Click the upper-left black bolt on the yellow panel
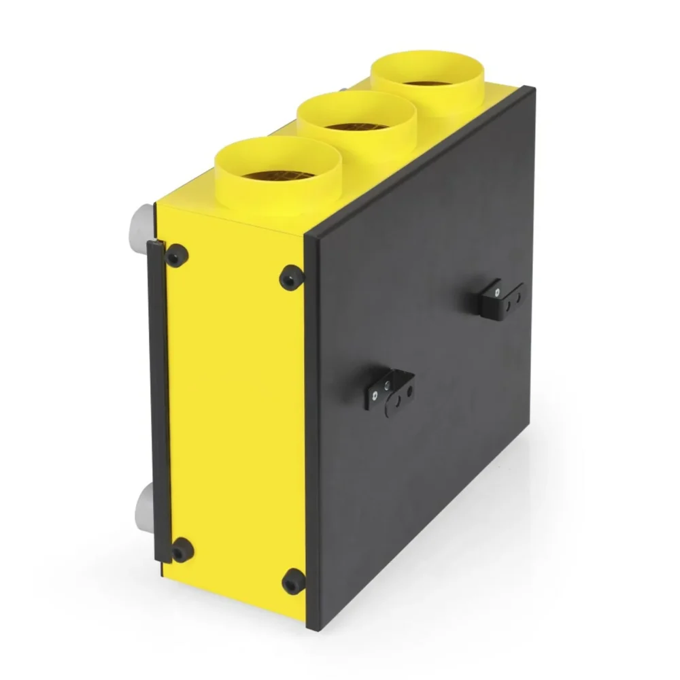click(177, 256)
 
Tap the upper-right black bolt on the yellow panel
click(291, 277)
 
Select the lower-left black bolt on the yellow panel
click(182, 549)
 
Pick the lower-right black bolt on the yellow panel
click(294, 581)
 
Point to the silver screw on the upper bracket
click(498, 292)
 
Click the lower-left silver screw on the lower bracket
click(374, 396)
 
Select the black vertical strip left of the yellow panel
click(158, 401)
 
